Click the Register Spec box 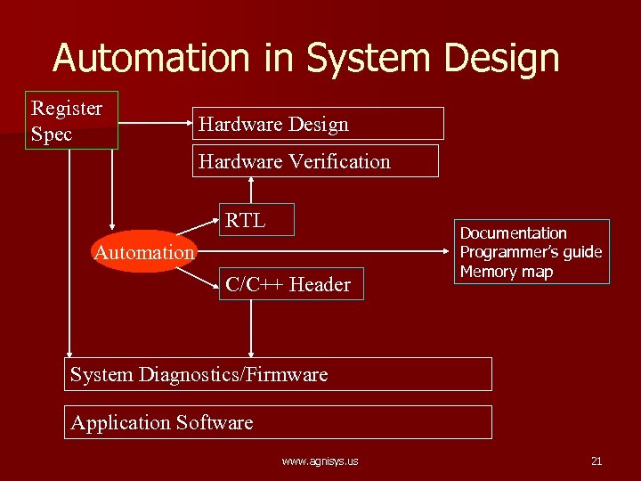point(71,120)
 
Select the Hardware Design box point(318,124)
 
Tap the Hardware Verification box point(315,161)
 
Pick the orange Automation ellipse point(143,252)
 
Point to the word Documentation point(513,233)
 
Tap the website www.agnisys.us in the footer point(320,461)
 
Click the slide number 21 point(596,461)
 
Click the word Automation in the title point(152,58)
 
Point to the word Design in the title point(503,58)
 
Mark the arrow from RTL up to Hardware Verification point(252,191)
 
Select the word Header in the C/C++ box point(320,284)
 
